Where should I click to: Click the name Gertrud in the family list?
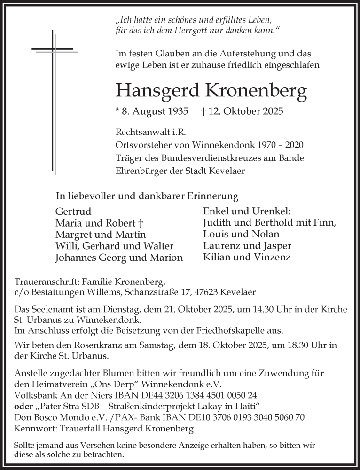tap(73, 211)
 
